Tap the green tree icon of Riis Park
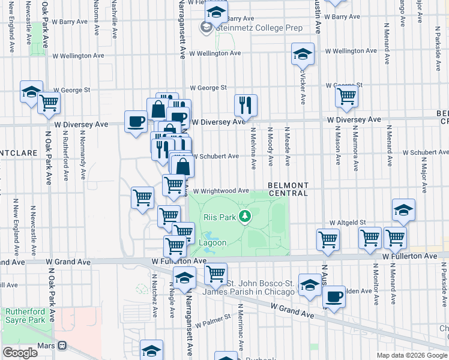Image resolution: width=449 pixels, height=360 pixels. (244, 217)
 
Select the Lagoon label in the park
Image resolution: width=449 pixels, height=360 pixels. (212, 242)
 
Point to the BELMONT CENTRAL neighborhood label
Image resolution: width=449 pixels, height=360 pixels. (288, 189)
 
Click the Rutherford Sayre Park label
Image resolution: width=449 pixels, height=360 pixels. (25, 316)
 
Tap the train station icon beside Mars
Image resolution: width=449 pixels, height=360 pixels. (62, 346)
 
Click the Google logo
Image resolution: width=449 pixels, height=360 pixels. (20, 352)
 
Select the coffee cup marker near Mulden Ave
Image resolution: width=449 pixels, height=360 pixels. (334, 295)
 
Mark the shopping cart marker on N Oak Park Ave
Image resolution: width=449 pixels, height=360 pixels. (49, 102)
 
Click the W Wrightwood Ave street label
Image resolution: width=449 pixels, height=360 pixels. (220, 191)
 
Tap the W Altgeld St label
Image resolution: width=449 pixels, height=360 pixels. (347, 222)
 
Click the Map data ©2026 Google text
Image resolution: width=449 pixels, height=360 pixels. (412, 355)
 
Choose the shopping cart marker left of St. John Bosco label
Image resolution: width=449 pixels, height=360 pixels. (215, 274)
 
